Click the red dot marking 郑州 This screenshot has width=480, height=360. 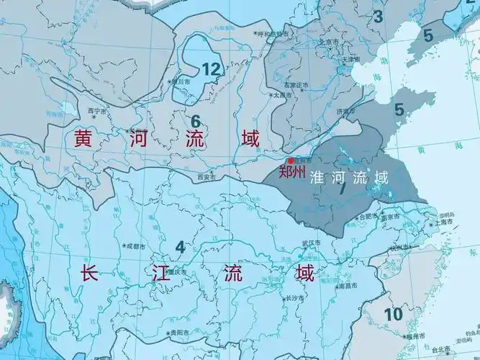[290, 161]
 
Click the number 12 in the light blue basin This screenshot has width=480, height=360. [210, 69]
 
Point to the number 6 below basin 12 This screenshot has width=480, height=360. [195, 120]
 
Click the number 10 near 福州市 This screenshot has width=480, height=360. [393, 313]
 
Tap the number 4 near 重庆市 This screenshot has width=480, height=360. [180, 247]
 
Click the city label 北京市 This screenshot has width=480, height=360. [329, 42]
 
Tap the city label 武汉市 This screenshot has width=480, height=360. [311, 242]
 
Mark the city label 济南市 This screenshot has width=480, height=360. [345, 112]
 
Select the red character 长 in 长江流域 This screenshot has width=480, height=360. [89, 273]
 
